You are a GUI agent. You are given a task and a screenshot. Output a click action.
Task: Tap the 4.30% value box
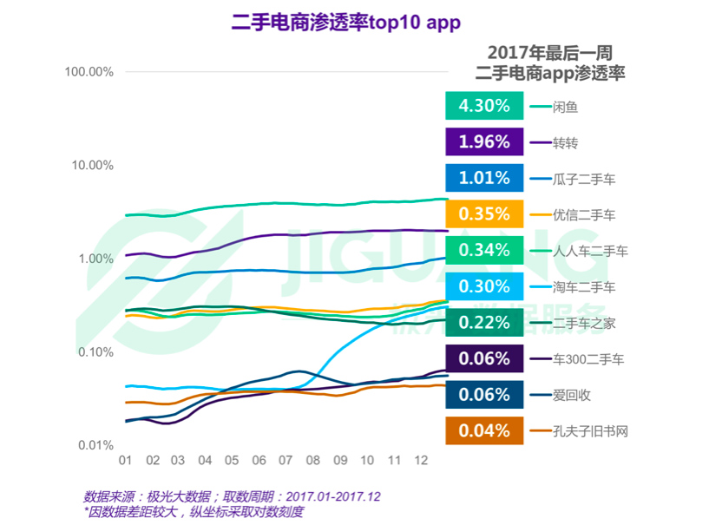point(484,106)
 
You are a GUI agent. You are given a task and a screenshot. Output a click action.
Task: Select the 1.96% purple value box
point(484,142)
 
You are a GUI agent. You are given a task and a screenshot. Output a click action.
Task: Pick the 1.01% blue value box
point(484,178)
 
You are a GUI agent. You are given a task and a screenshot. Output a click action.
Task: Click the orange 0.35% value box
point(484,214)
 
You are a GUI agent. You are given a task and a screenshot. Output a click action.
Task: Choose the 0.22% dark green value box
point(484,323)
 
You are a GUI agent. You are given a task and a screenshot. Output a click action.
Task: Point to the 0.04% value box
point(484,430)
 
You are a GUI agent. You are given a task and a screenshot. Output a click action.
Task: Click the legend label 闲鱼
point(565,107)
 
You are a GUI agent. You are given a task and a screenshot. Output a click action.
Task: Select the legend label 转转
point(565,143)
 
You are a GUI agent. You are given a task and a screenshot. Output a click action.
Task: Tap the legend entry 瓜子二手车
point(583,179)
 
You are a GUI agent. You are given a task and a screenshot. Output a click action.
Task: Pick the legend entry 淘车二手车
point(583,287)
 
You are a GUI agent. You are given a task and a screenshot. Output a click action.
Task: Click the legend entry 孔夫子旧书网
point(589,431)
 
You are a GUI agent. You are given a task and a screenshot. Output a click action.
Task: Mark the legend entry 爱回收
point(571,395)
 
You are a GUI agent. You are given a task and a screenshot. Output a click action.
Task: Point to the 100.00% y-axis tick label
point(89,71)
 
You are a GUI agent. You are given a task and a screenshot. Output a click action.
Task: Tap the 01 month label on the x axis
point(125,459)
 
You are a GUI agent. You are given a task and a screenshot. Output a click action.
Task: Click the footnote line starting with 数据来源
point(232,496)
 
